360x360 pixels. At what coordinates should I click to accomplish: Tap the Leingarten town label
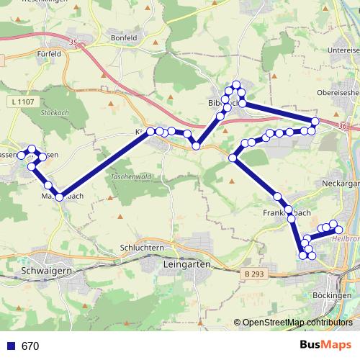[x=184, y=265]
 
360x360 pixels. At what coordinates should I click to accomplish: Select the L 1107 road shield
[x=23, y=102]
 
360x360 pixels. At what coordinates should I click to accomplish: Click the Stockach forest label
[x=53, y=113]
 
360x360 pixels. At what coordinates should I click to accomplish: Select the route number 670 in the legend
[x=30, y=346]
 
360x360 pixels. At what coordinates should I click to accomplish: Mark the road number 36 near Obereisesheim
[x=341, y=126]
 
